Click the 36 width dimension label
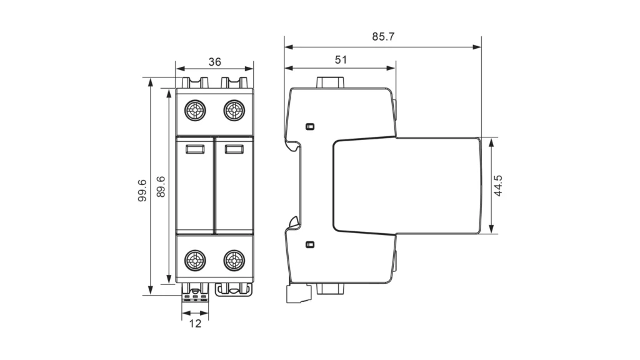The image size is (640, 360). pyautogui.click(x=214, y=62)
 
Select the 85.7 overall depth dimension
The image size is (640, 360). pyautogui.click(x=383, y=36)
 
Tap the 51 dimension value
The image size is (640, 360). pyautogui.click(x=341, y=60)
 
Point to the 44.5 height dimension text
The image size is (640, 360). pyautogui.click(x=498, y=186)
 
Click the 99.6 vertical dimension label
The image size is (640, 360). pyautogui.click(x=142, y=190)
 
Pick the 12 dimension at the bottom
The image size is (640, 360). pyautogui.click(x=196, y=324)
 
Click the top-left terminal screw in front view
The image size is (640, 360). pyautogui.click(x=196, y=111)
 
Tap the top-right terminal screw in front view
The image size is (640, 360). pyautogui.click(x=234, y=111)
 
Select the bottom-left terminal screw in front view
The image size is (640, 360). pyautogui.click(x=196, y=259)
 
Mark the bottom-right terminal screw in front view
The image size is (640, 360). pyautogui.click(x=234, y=259)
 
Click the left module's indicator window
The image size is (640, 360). pyautogui.click(x=195, y=149)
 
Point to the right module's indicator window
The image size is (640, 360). pyautogui.click(x=234, y=149)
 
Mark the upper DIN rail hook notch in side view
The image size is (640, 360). pyautogui.click(x=292, y=147)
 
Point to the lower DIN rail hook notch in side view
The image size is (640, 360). pyautogui.click(x=292, y=222)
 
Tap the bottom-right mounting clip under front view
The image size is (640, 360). pyautogui.click(x=234, y=289)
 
